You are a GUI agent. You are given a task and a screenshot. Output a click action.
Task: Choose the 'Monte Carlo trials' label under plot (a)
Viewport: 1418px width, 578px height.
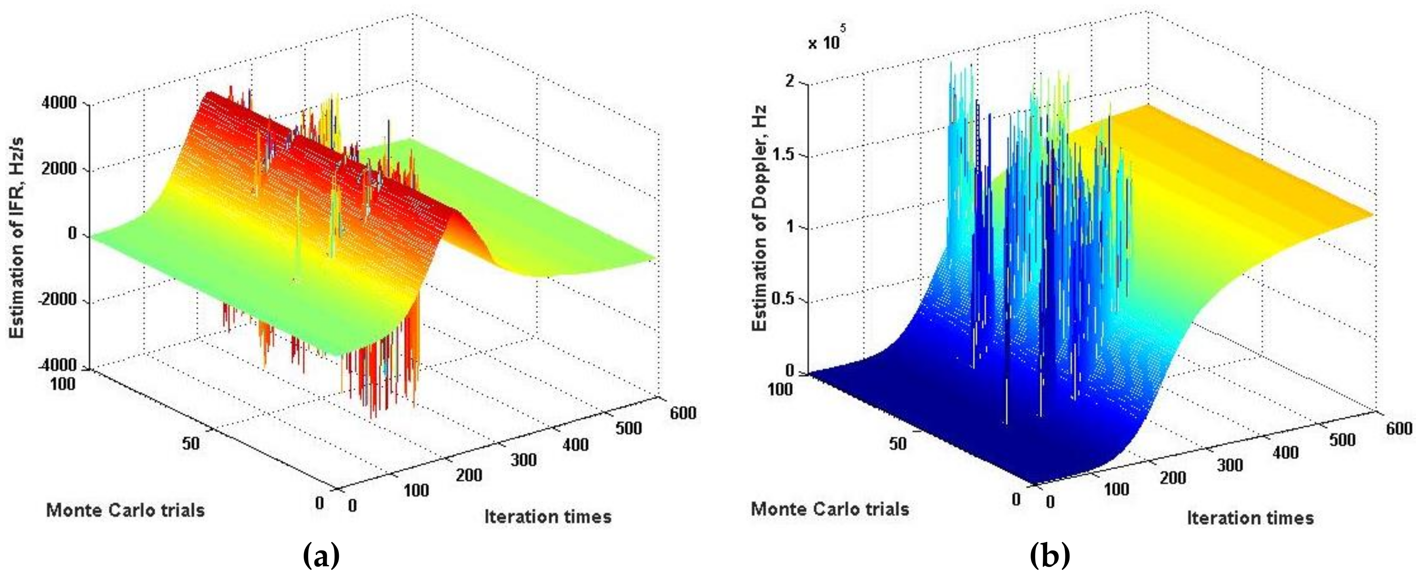coord(125,510)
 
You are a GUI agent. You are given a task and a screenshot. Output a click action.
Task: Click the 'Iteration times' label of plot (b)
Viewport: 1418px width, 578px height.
coord(1249,518)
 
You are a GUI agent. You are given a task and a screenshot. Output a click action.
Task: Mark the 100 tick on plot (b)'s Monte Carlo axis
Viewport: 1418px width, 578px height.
coord(780,389)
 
